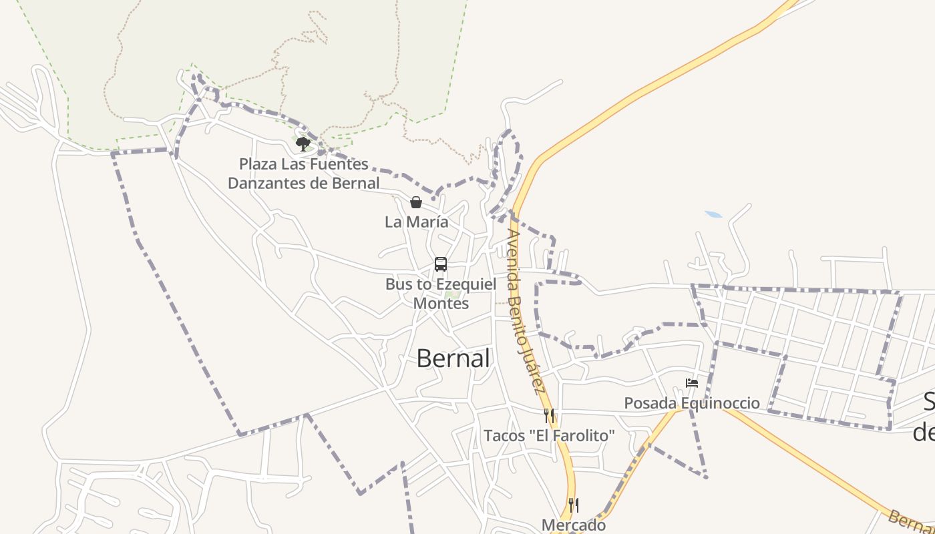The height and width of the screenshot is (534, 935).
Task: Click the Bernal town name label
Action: (x=453, y=358)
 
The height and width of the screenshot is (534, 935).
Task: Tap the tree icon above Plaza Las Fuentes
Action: (x=303, y=144)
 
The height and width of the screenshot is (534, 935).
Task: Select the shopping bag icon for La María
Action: (x=416, y=202)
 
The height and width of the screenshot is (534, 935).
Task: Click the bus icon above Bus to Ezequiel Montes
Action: (x=441, y=264)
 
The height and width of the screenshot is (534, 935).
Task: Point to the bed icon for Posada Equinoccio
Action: (x=692, y=383)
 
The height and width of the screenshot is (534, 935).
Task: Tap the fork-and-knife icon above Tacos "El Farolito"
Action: (x=549, y=415)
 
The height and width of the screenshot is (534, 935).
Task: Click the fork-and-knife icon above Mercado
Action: (x=573, y=504)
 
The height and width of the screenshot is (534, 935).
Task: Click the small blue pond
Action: (x=713, y=215)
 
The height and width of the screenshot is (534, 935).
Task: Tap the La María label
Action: (x=416, y=222)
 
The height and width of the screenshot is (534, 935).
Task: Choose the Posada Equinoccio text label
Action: (x=692, y=403)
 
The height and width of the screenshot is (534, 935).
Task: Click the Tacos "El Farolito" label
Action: (x=549, y=436)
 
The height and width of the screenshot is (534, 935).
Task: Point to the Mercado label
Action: (x=574, y=525)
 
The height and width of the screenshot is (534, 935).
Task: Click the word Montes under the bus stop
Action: (x=441, y=303)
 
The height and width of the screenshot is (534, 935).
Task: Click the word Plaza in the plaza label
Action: (x=258, y=164)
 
